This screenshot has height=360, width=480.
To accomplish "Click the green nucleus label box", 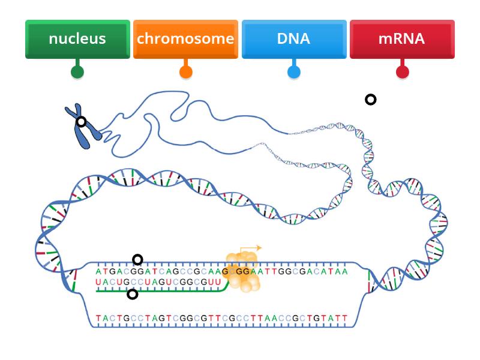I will (x=77, y=39).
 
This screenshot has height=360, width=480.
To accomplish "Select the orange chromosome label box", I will (x=185, y=39).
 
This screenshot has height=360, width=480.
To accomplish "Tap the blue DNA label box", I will (x=294, y=39).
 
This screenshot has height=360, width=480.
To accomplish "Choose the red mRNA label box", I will (x=402, y=39).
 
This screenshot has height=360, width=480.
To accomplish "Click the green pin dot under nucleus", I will (x=77, y=72).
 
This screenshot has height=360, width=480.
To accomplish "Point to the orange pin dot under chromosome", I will (x=186, y=72).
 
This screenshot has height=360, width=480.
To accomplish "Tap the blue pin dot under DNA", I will (x=294, y=72).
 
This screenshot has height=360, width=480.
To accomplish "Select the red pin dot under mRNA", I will (x=403, y=72).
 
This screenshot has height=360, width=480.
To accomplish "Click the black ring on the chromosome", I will (x=81, y=122).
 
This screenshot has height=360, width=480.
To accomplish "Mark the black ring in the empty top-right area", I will (x=371, y=100).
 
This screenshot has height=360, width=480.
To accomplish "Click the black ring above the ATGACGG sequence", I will (x=137, y=260).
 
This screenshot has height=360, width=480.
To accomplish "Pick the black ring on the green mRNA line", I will (x=133, y=294).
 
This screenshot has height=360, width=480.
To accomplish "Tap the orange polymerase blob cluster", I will (x=242, y=272).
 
